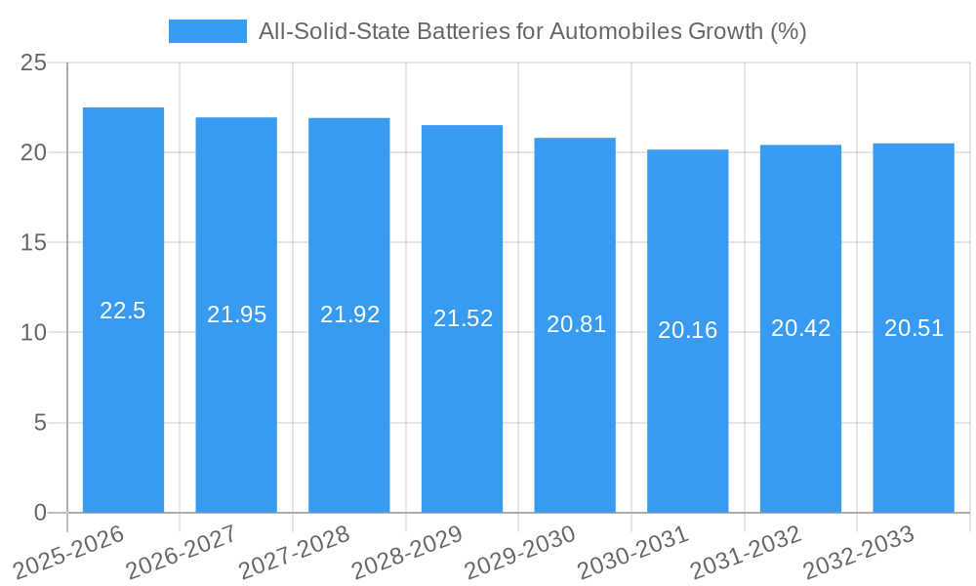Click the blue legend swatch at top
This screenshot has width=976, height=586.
pyautogui.click(x=207, y=31)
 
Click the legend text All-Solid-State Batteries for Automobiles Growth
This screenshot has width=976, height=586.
pyautogui.click(x=532, y=31)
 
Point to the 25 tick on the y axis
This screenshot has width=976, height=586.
pyautogui.click(x=34, y=63)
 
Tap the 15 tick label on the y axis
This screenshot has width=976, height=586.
pyautogui.click(x=34, y=242)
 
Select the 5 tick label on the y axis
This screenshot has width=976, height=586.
pyautogui.click(x=40, y=423)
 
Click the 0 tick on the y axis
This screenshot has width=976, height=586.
pyautogui.click(x=40, y=513)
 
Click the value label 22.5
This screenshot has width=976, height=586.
pyautogui.click(x=123, y=311)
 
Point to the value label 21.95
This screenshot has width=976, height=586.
pyautogui.click(x=236, y=314)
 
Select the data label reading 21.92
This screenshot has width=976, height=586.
pyautogui.click(x=349, y=314)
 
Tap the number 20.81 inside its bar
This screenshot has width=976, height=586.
pyautogui.click(x=576, y=324)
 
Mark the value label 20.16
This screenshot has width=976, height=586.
pyautogui.click(x=687, y=330)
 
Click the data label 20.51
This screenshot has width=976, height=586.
pyautogui.click(x=914, y=328)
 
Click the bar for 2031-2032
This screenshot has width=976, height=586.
pyautogui.click(x=800, y=410)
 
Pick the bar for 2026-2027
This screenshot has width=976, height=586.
pyautogui.click(x=236, y=410)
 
